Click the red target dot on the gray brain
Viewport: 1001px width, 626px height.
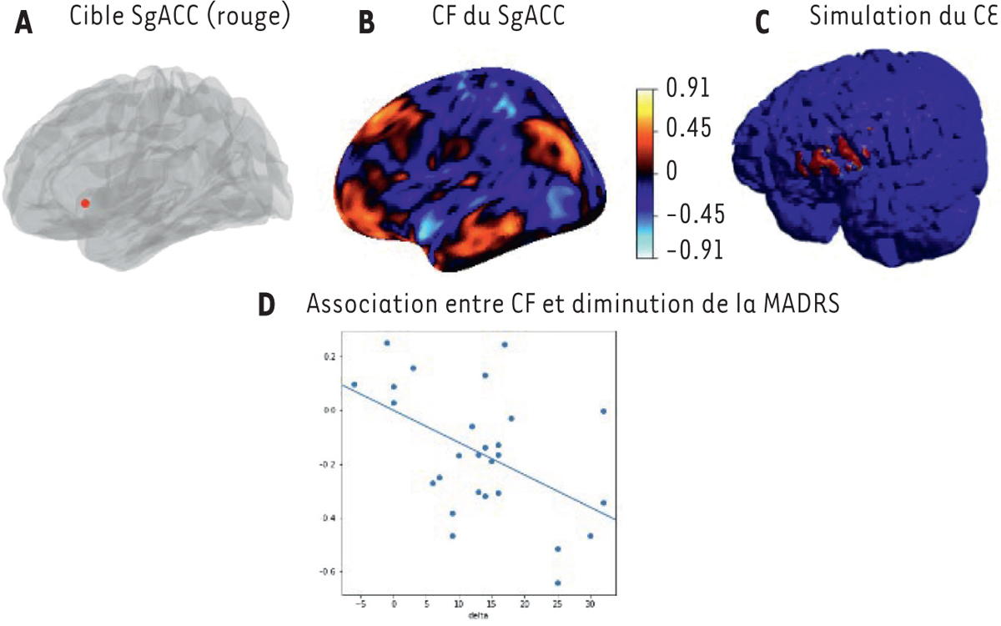coord(84,203)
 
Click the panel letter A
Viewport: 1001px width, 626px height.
coord(24,25)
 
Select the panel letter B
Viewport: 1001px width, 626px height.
coord(365,25)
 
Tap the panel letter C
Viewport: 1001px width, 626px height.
coord(762,25)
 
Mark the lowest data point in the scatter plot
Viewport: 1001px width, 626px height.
coord(557,583)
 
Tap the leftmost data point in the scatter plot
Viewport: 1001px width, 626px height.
coord(354,385)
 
